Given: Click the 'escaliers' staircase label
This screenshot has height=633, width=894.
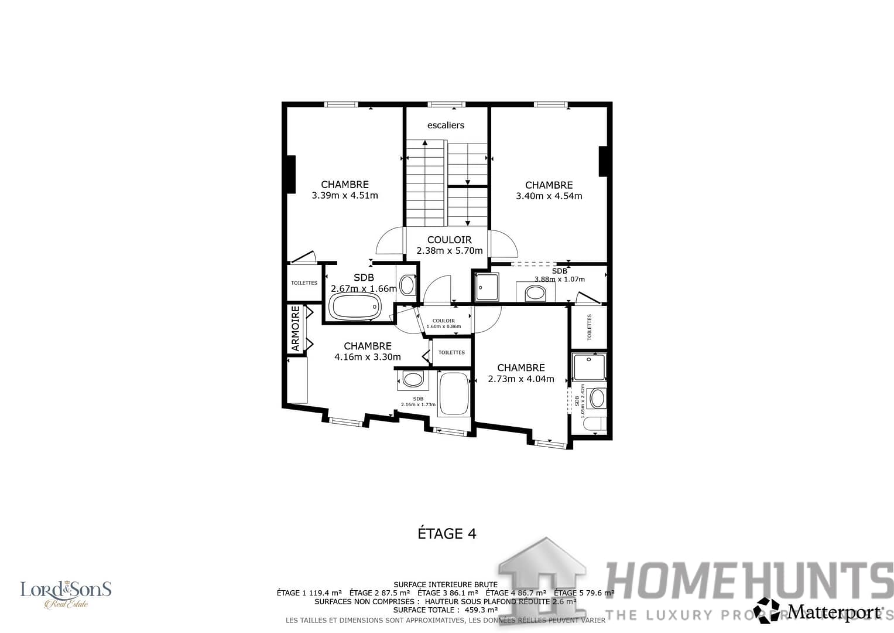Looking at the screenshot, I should click(x=446, y=125).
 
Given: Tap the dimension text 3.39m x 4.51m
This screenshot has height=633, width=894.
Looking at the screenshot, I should click(x=345, y=196).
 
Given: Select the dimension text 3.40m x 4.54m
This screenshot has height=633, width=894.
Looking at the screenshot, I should click(x=549, y=196).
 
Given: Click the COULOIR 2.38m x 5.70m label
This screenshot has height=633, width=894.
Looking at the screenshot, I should click(x=449, y=245).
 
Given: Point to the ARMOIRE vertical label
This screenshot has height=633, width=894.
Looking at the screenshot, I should click(x=296, y=329).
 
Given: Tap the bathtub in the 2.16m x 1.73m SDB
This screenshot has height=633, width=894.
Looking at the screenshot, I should click(x=454, y=393).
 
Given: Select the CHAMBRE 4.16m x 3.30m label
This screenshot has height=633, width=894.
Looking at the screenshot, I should click(x=368, y=351).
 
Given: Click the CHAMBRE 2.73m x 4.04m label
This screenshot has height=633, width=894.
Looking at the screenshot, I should click(x=520, y=373).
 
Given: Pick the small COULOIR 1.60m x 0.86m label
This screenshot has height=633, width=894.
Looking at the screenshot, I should click(x=444, y=324).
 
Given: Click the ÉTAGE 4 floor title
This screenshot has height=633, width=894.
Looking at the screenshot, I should click(x=447, y=533).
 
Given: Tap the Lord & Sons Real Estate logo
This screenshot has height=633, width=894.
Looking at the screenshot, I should click(x=66, y=594).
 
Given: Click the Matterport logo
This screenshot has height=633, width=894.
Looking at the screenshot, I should click(x=820, y=611).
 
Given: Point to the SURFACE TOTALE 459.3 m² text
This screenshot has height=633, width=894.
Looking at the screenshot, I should click(x=446, y=610).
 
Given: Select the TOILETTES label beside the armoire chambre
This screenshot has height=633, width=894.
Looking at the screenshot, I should click(x=451, y=352).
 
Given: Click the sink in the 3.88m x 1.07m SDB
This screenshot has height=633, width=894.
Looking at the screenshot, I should click(x=535, y=292).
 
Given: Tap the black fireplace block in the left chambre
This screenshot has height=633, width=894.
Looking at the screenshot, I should click(x=290, y=174).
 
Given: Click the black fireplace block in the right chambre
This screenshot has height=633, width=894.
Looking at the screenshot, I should click(x=603, y=161).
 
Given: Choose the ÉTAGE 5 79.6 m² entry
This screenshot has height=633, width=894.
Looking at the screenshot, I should click(x=584, y=593).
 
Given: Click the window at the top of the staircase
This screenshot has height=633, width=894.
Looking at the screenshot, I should click(x=446, y=105).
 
